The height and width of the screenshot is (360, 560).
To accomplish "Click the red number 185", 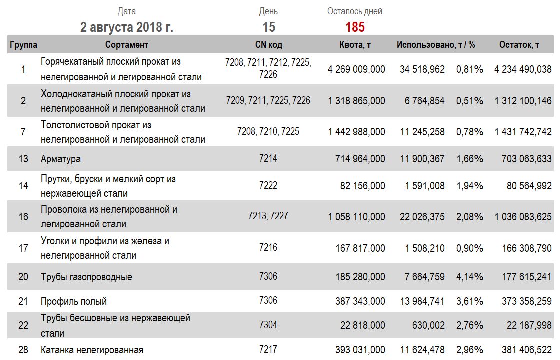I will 355,27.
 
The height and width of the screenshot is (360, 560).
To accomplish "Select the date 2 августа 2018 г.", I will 127,27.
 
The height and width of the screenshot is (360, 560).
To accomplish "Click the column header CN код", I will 269,45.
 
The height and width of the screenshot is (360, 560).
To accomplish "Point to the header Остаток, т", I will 519,45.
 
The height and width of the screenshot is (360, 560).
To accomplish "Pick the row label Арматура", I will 61,159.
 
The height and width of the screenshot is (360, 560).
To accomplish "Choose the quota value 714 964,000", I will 360,159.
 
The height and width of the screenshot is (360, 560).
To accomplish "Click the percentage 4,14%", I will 469,277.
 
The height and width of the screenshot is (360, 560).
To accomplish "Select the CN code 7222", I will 268,185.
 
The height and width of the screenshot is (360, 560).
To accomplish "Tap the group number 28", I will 23,350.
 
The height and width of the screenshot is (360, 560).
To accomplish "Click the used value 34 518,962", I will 422,69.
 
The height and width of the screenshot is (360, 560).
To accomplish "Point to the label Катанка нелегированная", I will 92,350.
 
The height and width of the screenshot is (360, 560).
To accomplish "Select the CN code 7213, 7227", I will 268,216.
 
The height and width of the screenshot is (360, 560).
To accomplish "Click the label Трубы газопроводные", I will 86,277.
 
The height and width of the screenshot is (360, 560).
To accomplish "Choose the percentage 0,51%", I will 469,101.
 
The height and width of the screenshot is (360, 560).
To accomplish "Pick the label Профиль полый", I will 74,301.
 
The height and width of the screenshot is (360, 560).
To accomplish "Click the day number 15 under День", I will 269,27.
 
